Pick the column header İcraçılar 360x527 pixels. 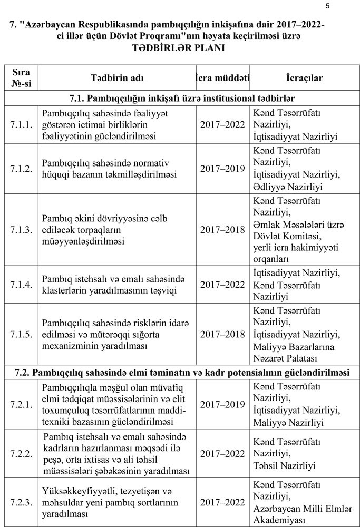coord(304,77)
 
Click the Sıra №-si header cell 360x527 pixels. coord(21,77)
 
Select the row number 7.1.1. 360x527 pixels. coord(21,124)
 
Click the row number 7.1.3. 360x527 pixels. coord(21,229)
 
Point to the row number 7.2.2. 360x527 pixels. coord(21,453)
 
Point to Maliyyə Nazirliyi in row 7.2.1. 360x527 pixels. coord(288,422)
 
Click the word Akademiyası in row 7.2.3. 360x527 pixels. coord(279,520)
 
